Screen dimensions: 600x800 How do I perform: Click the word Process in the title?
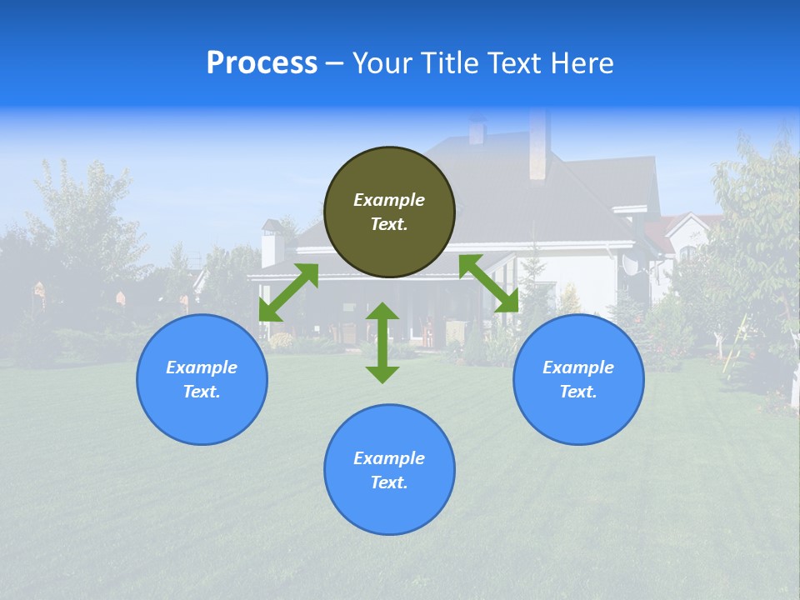pyautogui.click(x=262, y=63)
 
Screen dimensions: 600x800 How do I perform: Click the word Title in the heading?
pyautogui.click(x=447, y=63)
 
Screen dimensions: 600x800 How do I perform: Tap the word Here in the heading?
pyautogui.click(x=579, y=63)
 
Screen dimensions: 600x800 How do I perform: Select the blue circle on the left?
pyautogui.click(x=202, y=408)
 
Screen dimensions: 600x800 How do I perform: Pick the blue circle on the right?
pyautogui.click(x=578, y=408)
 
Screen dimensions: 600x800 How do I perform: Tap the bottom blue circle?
pyautogui.click(x=389, y=500)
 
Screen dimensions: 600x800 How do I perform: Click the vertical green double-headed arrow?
pyautogui.click(x=382, y=342)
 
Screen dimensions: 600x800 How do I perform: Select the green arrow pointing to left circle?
pyautogui.click(x=288, y=292)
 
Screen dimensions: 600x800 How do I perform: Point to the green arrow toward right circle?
pyautogui.click(x=489, y=283)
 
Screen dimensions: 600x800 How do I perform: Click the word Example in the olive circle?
pyautogui.click(x=389, y=200)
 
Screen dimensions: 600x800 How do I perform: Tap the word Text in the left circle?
pyautogui.click(x=202, y=392)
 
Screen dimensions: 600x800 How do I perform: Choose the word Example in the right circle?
pyautogui.click(x=578, y=367)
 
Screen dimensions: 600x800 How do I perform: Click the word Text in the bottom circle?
pyautogui.click(x=389, y=482)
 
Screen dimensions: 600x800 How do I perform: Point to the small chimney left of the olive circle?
pyautogui.click(x=272, y=244)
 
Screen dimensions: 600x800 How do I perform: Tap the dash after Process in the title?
pyautogui.click(x=334, y=64)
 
